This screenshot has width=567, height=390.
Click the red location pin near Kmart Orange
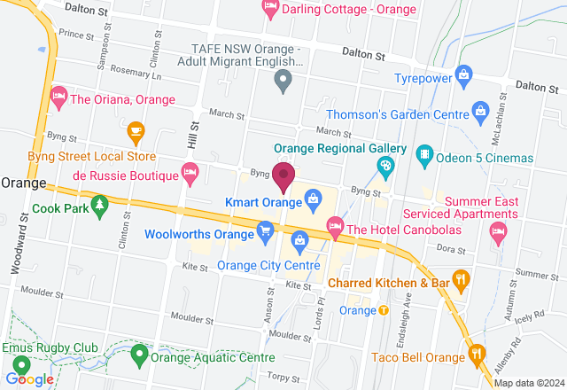(x=283, y=176)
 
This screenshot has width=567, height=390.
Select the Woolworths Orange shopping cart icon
(x=265, y=231)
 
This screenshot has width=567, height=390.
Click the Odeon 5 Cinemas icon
(x=425, y=158)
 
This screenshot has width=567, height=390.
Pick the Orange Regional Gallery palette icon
(x=386, y=165)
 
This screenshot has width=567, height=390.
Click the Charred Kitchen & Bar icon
(x=460, y=283)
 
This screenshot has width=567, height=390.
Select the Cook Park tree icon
(x=100, y=209)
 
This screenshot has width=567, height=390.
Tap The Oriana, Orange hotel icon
(x=59, y=95)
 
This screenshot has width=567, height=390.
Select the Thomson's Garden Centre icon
(x=480, y=112)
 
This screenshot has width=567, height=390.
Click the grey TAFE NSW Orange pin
(x=283, y=84)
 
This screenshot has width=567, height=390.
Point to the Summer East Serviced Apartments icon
(x=498, y=232)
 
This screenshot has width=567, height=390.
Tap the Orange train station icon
(x=384, y=310)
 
